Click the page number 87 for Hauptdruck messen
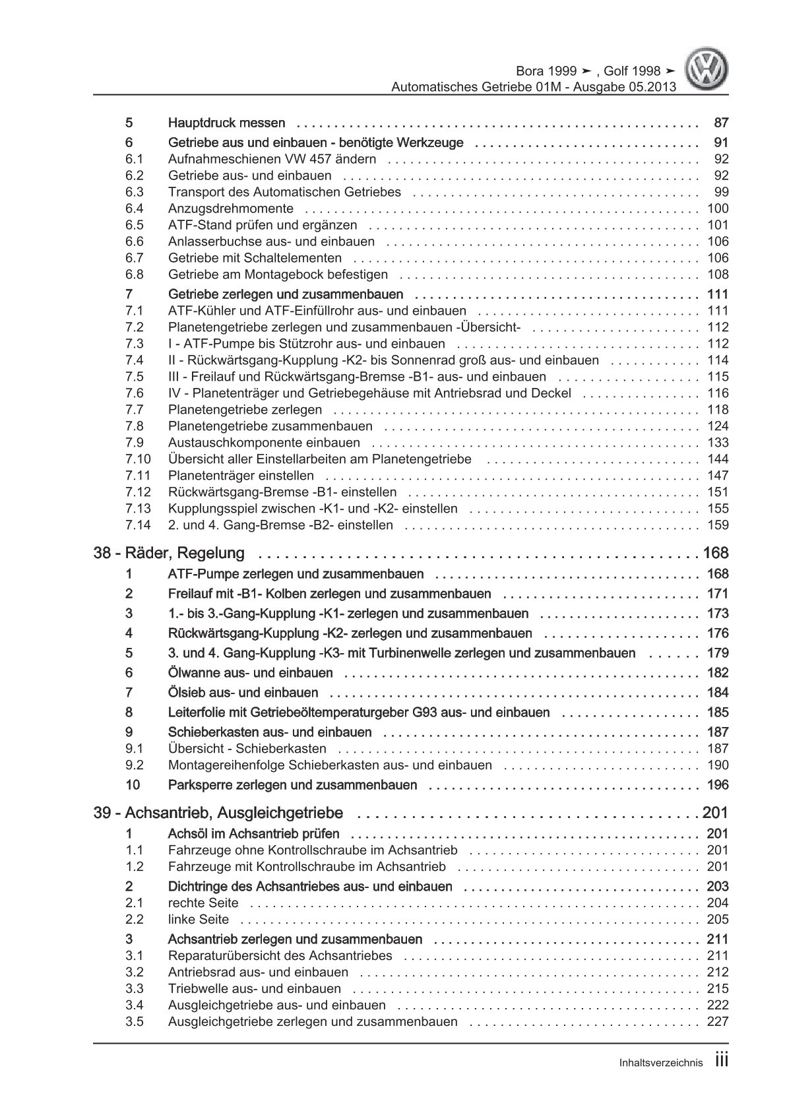(721, 123)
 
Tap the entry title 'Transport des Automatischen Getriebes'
(284, 192)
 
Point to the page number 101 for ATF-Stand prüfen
(718, 225)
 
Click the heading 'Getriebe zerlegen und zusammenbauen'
(286, 294)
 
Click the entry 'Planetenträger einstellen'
(241, 476)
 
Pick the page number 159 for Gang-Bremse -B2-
(718, 525)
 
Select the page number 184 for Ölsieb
(718, 693)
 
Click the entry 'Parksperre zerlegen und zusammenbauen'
(293, 785)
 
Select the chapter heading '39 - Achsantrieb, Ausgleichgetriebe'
(218, 813)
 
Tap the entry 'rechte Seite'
(203, 903)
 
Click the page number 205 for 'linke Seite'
(718, 920)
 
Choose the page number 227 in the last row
(718, 1022)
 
